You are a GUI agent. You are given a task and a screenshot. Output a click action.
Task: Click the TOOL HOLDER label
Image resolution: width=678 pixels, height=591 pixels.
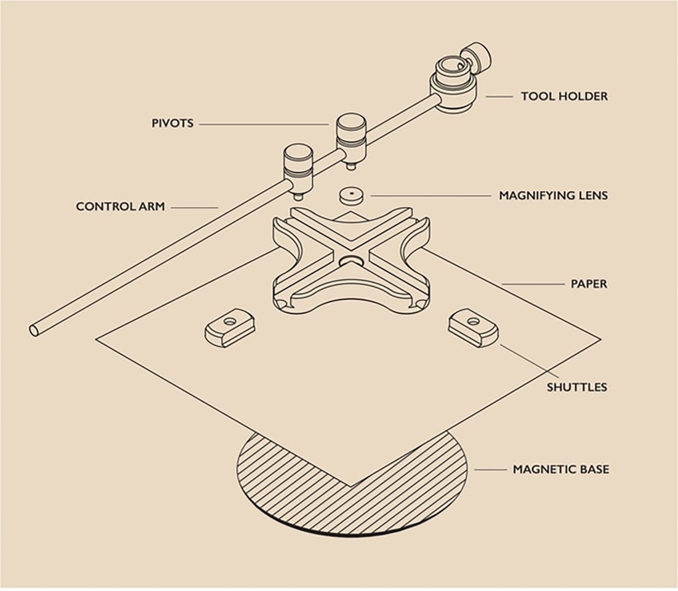pyautogui.click(x=564, y=96)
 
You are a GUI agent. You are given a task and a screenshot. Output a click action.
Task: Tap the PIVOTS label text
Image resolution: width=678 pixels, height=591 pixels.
pyautogui.click(x=173, y=123)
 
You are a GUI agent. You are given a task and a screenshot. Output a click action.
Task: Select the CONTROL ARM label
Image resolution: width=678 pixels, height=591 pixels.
pyautogui.click(x=120, y=207)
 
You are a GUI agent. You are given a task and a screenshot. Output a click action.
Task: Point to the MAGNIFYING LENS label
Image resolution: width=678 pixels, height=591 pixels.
pyautogui.click(x=553, y=196)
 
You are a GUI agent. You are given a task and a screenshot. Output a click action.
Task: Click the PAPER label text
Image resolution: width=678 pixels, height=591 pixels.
pyautogui.click(x=589, y=284)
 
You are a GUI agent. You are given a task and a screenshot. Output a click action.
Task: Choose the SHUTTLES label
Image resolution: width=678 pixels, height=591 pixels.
pyautogui.click(x=577, y=387)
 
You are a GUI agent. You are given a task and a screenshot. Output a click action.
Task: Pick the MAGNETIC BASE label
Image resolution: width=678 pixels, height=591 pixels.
pyautogui.click(x=561, y=470)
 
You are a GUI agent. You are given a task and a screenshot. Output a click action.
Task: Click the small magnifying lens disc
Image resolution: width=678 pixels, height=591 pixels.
pyautogui.click(x=351, y=196)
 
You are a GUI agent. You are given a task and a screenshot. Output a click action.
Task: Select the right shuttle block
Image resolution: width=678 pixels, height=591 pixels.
pyautogui.click(x=473, y=327)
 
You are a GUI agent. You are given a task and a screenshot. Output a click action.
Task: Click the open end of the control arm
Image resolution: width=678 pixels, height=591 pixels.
pyautogui.click(x=33, y=330)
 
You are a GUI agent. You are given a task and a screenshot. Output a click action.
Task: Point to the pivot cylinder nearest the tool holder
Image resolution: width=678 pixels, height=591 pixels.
pyautogui.click(x=351, y=141)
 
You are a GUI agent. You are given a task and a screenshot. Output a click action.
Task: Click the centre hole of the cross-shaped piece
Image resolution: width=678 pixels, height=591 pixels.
pyautogui.click(x=351, y=260)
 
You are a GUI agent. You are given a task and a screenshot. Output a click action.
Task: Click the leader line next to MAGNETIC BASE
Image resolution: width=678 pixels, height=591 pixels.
pyautogui.click(x=490, y=470)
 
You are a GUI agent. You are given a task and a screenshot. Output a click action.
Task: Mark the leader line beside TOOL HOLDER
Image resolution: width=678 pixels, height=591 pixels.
pyautogui.click(x=499, y=97)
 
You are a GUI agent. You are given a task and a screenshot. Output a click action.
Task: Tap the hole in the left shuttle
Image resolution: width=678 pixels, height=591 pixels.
pyautogui.click(x=230, y=321)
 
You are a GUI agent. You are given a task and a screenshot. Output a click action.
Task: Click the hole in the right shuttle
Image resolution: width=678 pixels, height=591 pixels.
pyautogui.click(x=473, y=321)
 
